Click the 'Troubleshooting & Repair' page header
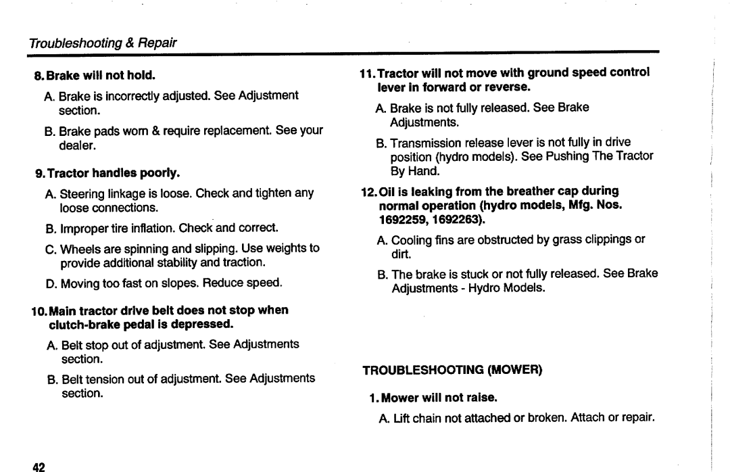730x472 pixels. coord(102,43)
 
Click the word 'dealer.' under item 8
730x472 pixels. coord(76,144)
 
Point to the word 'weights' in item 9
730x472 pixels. coord(285,248)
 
